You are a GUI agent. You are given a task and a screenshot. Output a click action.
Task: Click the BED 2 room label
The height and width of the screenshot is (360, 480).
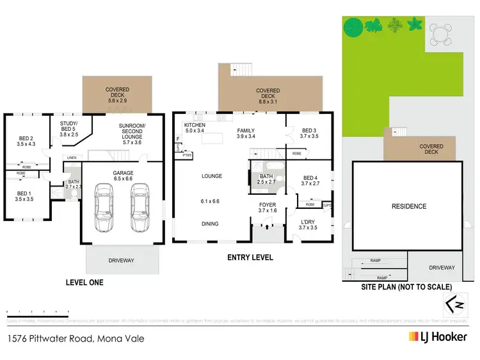pos(26,141)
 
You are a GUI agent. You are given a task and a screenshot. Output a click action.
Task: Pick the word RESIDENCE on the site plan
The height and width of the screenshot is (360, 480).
pos(408,206)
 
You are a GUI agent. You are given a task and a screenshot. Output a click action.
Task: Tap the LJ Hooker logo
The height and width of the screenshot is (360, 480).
pos(438,336)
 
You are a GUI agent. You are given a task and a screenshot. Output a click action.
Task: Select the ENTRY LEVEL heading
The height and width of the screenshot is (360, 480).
pos(250,258)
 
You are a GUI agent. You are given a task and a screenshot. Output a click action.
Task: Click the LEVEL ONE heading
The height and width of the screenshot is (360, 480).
pos(84,282)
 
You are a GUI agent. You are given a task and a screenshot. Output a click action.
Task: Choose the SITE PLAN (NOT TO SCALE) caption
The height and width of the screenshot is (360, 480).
pos(407,286)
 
